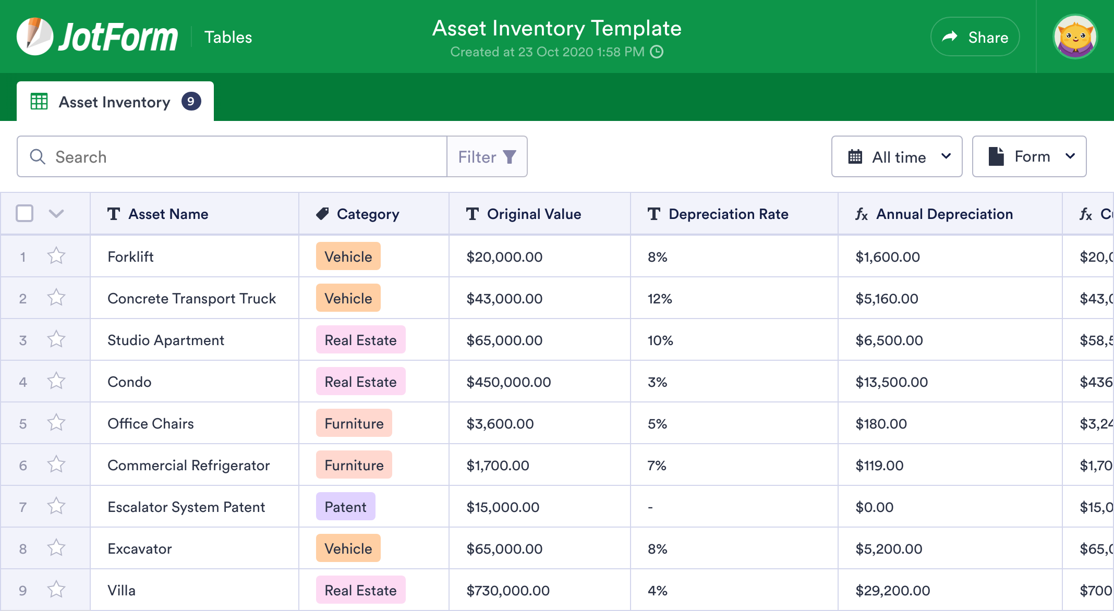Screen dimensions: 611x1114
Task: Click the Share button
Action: pyautogui.click(x=975, y=37)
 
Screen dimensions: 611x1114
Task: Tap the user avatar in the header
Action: pyautogui.click(x=1075, y=37)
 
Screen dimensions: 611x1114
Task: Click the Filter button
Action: pyautogui.click(x=487, y=157)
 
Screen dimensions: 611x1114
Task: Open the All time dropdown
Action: pyautogui.click(x=897, y=157)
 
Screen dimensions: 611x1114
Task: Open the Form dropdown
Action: pyautogui.click(x=1029, y=157)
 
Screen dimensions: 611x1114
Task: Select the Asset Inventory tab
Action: pyautogui.click(x=115, y=102)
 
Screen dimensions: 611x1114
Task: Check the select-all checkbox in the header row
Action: pyautogui.click(x=25, y=214)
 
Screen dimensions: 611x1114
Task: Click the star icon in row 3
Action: pyautogui.click(x=56, y=340)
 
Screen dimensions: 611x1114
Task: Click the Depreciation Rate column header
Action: pyautogui.click(x=728, y=214)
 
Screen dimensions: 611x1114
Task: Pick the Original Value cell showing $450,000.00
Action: pyautogui.click(x=508, y=382)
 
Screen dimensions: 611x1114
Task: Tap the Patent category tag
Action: pyautogui.click(x=345, y=507)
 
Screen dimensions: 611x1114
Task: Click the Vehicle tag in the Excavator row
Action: pyautogui.click(x=348, y=548)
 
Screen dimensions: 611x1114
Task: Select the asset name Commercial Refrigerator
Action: pyautogui.click(x=188, y=466)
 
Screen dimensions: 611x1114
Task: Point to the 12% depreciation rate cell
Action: pyautogui.click(x=660, y=299)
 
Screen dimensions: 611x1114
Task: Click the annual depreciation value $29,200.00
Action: pyautogui.click(x=892, y=591)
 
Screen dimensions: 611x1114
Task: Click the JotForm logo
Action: pyautogui.click(x=98, y=37)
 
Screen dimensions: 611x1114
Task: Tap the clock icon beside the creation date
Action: pyautogui.click(x=657, y=52)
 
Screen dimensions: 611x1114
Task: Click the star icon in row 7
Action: pyautogui.click(x=56, y=507)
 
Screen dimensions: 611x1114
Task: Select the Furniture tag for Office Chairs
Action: pyautogui.click(x=354, y=423)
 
